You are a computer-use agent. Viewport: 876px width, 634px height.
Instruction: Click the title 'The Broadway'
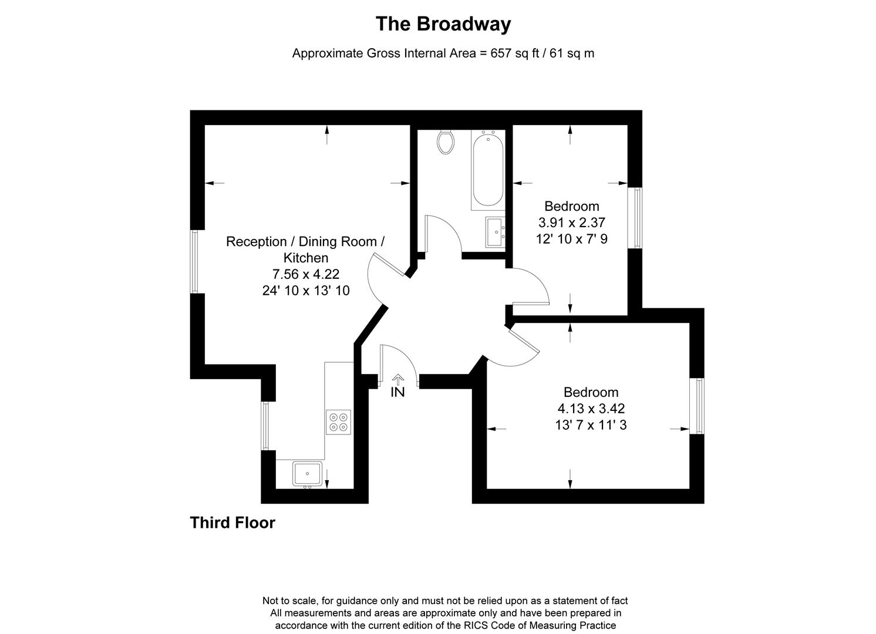pyautogui.click(x=443, y=24)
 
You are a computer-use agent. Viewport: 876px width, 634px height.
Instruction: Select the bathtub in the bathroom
pyautogui.click(x=487, y=170)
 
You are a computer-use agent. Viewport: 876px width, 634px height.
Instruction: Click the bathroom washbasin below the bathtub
pyautogui.click(x=495, y=231)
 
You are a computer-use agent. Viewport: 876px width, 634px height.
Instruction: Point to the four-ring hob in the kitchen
pyautogui.click(x=338, y=422)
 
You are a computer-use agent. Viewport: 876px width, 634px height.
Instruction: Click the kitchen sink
pyautogui.click(x=307, y=474)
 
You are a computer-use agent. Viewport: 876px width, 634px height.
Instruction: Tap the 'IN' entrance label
pyautogui.click(x=397, y=392)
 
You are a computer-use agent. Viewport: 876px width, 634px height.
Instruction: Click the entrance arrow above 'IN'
pyautogui.click(x=398, y=379)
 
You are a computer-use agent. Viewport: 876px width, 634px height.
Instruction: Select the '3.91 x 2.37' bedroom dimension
pyautogui.click(x=571, y=222)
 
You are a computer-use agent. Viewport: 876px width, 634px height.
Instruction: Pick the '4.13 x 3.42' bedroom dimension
pyautogui.click(x=591, y=408)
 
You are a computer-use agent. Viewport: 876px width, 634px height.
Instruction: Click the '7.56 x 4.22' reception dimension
pyautogui.click(x=305, y=274)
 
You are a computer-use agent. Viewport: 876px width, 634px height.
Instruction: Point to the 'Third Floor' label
pyautogui.click(x=233, y=522)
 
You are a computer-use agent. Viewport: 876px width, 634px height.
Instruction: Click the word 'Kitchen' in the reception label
pyautogui.click(x=306, y=258)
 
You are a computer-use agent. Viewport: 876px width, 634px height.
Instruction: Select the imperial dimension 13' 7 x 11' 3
pyautogui.click(x=591, y=424)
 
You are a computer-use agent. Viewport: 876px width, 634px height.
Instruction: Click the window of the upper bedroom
pyautogui.click(x=635, y=218)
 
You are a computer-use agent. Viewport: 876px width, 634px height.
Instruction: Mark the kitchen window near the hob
pyautogui.click(x=265, y=426)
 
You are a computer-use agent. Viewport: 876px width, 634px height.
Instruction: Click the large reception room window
pyautogui.click(x=194, y=261)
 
